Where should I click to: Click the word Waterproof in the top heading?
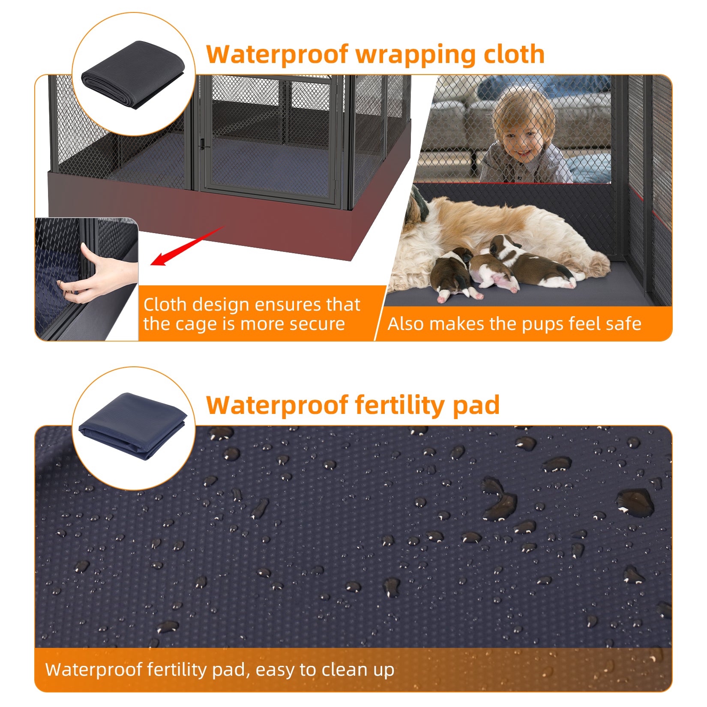pos(277,54)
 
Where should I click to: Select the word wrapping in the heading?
pos(415,55)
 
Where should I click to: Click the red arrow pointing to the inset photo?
pos(187,246)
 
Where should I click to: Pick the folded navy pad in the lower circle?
pos(133,426)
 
